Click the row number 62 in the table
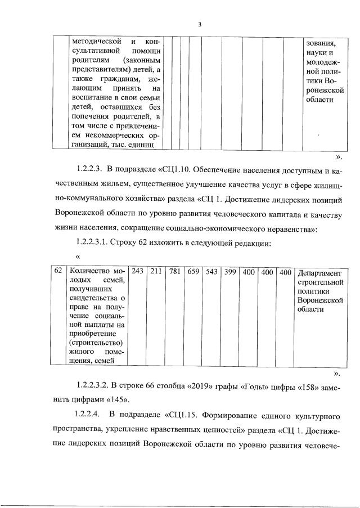click(58, 271)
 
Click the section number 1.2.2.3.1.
click(91, 243)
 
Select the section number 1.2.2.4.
click(87, 416)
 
